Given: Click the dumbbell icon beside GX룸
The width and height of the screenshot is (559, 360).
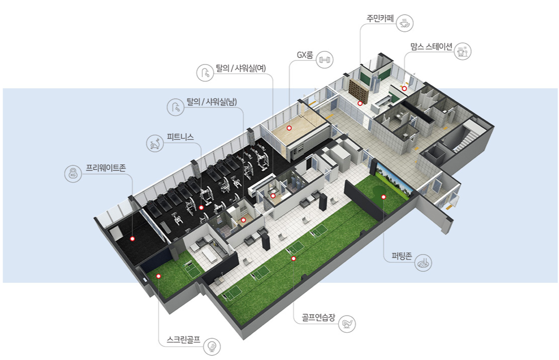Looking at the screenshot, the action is tap(324, 60).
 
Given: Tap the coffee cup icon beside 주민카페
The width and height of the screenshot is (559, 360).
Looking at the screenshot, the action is tap(405, 22).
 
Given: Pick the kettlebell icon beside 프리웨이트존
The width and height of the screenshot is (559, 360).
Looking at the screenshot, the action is tap(72, 173).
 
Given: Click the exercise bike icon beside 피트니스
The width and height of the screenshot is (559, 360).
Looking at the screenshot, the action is tap(154, 144).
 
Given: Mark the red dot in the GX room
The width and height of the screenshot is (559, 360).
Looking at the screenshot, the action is tap(289, 128).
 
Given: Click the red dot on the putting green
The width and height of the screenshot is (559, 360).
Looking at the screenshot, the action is tap(383, 197).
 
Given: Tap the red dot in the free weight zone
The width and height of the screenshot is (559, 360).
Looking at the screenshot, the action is tap(132, 238).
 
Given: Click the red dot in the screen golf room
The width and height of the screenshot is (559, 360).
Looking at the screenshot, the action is tap(158, 276).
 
